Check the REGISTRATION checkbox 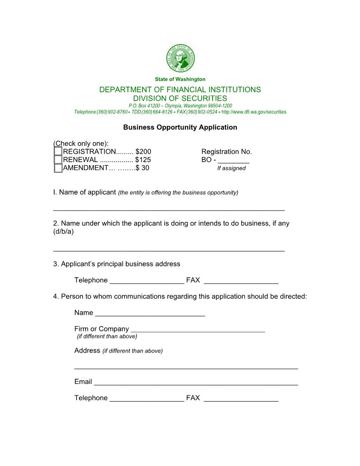tap(58, 151)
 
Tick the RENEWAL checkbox tap(58, 160)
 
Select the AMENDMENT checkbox tap(58, 168)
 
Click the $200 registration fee tap(143, 152)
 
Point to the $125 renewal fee tap(143, 160)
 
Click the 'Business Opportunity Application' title tap(180, 128)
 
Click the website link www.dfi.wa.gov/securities tap(254, 112)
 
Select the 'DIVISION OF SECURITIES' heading tap(180, 98)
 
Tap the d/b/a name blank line tap(169, 248)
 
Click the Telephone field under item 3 tap(146, 281)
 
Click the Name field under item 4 tap(150, 313)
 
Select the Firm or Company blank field tap(198, 329)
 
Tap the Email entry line tap(196, 382)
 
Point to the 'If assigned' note tap(231, 169)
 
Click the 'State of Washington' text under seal tap(180, 79)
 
